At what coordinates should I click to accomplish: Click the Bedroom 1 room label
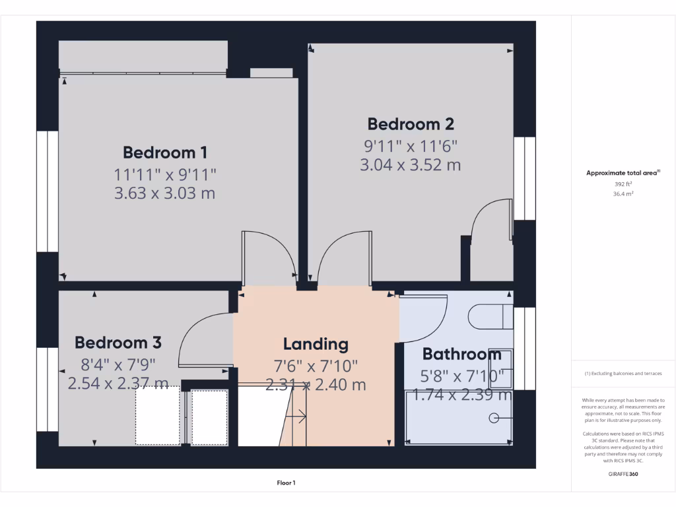pyautogui.click(x=165, y=152)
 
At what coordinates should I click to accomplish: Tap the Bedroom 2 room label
pyautogui.click(x=411, y=124)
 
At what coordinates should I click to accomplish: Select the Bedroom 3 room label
pyautogui.click(x=118, y=343)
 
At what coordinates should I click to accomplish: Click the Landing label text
pyautogui.click(x=316, y=344)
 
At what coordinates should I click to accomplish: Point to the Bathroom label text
pyautogui.click(x=462, y=354)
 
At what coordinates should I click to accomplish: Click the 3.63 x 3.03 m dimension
pyautogui.click(x=165, y=193)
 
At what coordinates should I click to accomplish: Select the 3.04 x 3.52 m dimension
pyautogui.click(x=411, y=165)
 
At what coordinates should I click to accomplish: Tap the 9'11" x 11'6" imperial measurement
pyautogui.click(x=411, y=145)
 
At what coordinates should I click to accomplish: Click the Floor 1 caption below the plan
pyautogui.click(x=286, y=483)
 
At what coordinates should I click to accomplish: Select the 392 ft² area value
pyautogui.click(x=623, y=185)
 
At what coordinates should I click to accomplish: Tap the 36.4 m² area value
pyautogui.click(x=623, y=194)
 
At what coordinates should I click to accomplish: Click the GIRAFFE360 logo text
pyautogui.click(x=623, y=474)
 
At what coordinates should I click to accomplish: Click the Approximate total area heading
pyautogui.click(x=623, y=173)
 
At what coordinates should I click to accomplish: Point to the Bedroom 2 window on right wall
pyautogui.click(x=524, y=178)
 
